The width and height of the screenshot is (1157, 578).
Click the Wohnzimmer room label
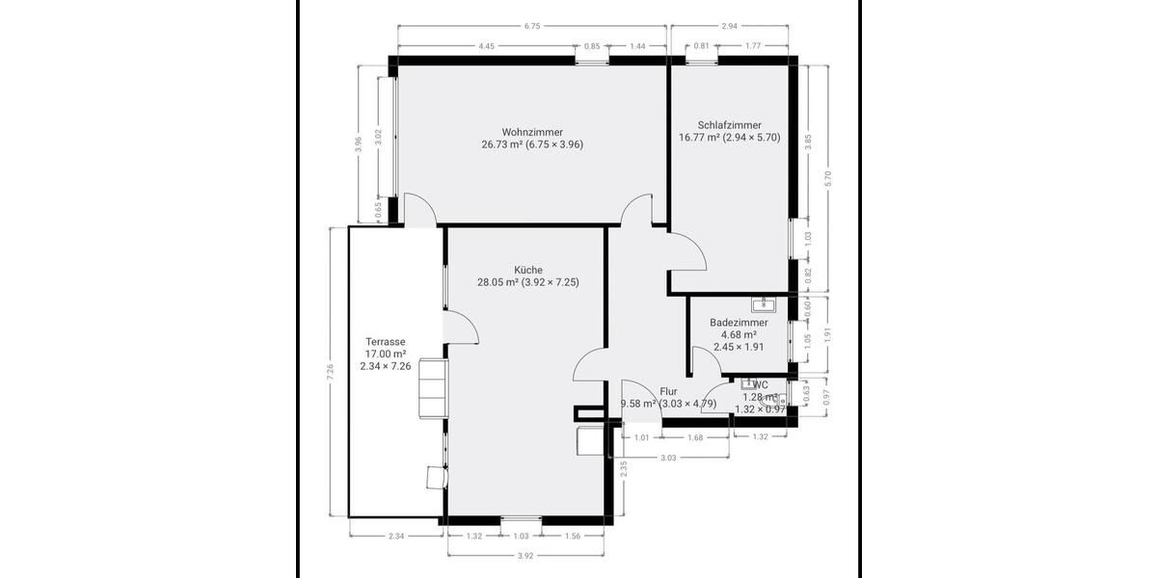click(532, 132)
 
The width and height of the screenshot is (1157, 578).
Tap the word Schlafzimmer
click(729, 125)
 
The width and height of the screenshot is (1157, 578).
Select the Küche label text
click(527, 270)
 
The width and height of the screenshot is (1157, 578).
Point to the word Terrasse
click(385, 342)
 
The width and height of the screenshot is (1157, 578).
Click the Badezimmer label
click(739, 323)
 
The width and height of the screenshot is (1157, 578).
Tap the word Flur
click(668, 392)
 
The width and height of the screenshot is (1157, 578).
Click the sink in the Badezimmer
click(768, 304)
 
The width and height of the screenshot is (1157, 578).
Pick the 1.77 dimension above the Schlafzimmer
click(754, 46)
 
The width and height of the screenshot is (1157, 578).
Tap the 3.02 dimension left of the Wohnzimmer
click(379, 136)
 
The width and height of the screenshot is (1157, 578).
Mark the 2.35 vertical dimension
click(624, 469)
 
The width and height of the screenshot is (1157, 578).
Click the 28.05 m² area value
click(498, 282)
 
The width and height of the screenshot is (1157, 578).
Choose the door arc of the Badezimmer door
click(706, 360)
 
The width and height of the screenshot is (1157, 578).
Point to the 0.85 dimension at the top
click(592, 46)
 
